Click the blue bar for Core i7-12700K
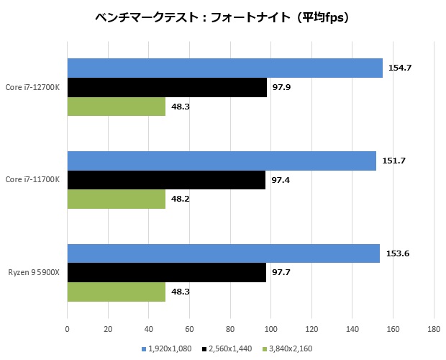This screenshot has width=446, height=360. click(224, 68)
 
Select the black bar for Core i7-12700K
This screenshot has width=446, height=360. click(167, 87)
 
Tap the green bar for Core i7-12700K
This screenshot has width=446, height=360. click(117, 106)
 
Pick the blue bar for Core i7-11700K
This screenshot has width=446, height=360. click(222, 161)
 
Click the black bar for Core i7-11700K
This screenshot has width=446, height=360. click(166, 180)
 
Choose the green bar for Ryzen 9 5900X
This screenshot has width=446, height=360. click(117, 292)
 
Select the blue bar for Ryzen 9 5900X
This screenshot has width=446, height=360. click(223, 253)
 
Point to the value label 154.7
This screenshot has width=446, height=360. click(399, 68)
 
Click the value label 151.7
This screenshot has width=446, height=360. click(393, 161)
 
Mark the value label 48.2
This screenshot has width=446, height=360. click(181, 199)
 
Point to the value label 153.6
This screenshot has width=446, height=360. click(397, 253)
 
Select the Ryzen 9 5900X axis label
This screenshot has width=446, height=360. click(35, 273)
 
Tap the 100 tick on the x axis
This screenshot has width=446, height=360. click(270, 330)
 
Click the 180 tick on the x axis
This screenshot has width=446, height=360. click(434, 330)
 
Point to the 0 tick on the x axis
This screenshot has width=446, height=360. click(67, 330)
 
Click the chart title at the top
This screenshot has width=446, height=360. click(223, 17)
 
